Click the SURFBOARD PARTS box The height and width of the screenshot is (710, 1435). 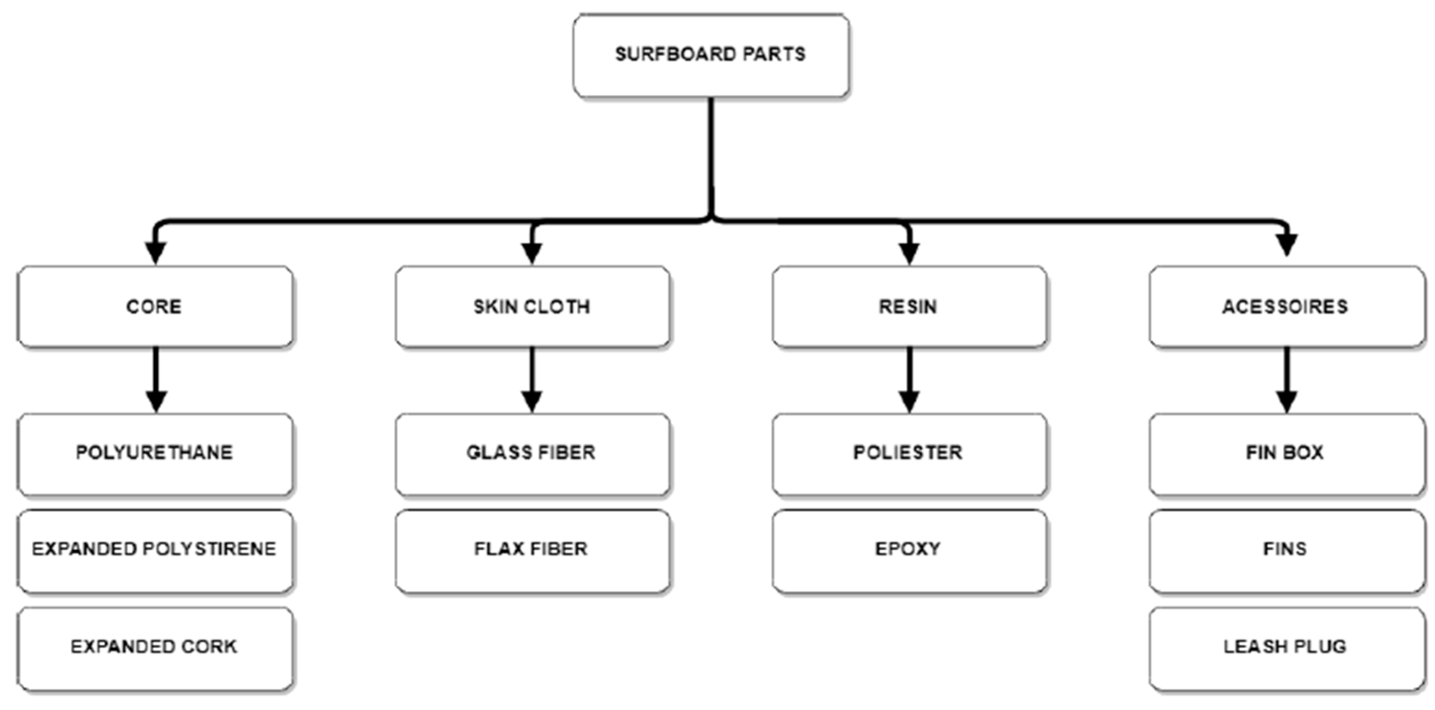[711, 56]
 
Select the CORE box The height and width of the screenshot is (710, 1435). [155, 307]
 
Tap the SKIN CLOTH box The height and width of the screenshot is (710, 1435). [532, 307]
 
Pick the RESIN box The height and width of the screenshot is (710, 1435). [909, 307]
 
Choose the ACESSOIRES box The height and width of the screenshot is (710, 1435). [1286, 307]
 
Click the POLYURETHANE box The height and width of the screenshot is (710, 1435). [155, 453]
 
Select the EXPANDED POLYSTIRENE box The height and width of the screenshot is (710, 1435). [155, 550]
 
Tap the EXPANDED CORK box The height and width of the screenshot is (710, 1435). [155, 648]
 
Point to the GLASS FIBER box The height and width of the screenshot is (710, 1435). [532, 453]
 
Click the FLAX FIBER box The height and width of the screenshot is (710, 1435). [532, 550]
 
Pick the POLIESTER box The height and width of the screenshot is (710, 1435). [909, 453]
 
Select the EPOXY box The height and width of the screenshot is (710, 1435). [909, 550]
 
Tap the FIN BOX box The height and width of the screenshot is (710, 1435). [1286, 453]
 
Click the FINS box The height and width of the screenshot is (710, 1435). [1286, 550]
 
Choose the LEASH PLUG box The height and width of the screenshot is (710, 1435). [1286, 648]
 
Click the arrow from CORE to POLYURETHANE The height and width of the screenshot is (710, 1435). [156, 378]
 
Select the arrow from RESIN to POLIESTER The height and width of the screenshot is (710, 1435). [909, 378]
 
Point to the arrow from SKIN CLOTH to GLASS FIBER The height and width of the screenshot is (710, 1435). [532, 378]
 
